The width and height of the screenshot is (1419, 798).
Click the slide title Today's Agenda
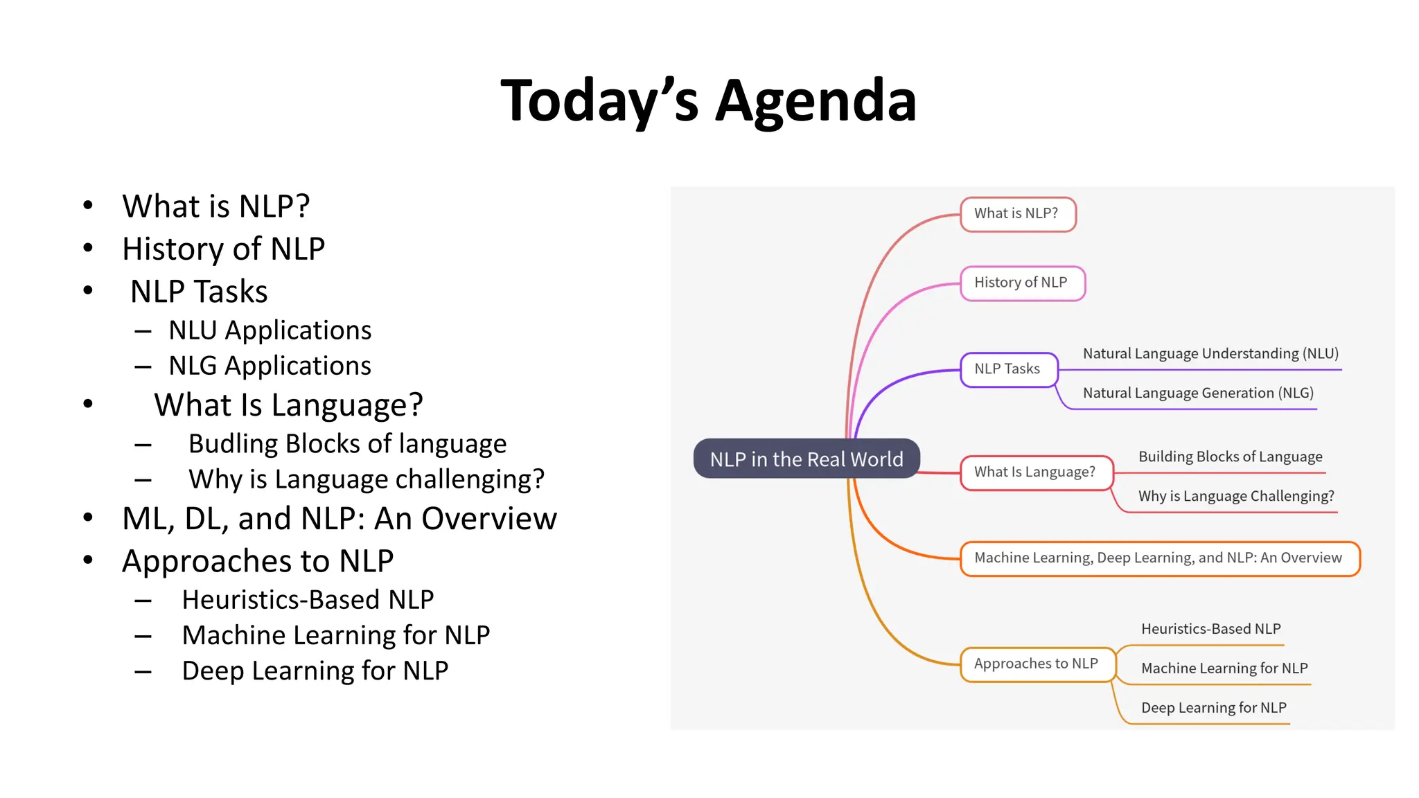(x=708, y=101)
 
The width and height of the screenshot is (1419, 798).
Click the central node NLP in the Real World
(x=807, y=459)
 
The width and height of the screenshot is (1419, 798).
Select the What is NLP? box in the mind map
(x=1017, y=213)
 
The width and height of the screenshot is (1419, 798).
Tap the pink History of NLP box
(x=1022, y=283)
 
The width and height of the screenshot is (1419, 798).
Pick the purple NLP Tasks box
(x=1008, y=369)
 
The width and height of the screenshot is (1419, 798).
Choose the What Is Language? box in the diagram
(x=1036, y=472)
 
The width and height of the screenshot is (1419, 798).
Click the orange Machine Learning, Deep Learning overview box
(x=1159, y=558)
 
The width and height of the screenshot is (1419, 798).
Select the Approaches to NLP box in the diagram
(x=1037, y=664)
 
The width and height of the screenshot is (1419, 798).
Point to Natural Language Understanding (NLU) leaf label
(x=1210, y=354)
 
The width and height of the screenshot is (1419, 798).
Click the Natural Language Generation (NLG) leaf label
(x=1198, y=393)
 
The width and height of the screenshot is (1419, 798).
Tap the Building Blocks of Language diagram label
(x=1231, y=457)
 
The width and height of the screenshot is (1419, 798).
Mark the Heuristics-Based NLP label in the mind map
(x=1211, y=629)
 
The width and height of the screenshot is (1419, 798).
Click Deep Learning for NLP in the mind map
(x=1214, y=708)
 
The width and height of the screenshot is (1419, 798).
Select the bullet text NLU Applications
(x=270, y=330)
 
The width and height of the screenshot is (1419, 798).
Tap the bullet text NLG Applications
(x=270, y=366)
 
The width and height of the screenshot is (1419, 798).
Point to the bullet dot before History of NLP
(x=88, y=248)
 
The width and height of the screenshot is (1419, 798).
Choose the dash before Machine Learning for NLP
(x=143, y=636)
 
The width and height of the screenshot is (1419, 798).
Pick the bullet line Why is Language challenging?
(x=367, y=479)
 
